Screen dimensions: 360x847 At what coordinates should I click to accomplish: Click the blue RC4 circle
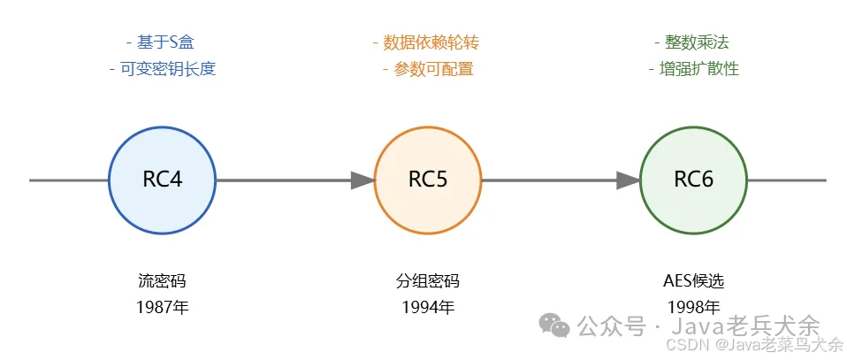162,180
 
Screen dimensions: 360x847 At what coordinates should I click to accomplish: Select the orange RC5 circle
428,180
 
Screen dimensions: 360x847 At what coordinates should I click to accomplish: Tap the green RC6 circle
693,180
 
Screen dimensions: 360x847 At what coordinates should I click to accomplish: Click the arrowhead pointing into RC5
362,180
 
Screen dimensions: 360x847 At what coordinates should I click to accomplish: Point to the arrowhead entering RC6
629,180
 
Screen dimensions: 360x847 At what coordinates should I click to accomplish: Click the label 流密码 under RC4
162,281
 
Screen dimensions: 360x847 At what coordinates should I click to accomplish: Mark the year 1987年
162,308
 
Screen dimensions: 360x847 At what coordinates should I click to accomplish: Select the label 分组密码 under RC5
428,281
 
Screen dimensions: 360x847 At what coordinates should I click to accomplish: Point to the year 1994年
428,308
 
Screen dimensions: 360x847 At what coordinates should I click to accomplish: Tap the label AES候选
693,281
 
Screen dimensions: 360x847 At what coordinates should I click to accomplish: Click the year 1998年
693,308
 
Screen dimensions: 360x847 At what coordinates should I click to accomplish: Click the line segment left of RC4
69,180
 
